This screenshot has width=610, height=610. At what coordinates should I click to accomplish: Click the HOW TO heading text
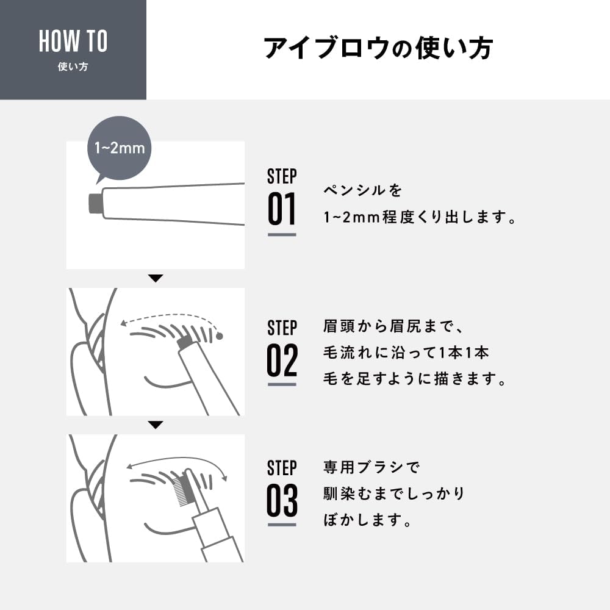click(x=73, y=41)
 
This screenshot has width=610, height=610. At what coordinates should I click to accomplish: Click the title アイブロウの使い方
click(x=378, y=49)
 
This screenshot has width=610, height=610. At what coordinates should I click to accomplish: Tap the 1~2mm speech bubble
click(x=120, y=148)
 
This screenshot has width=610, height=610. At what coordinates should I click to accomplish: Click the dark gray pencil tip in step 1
click(x=95, y=203)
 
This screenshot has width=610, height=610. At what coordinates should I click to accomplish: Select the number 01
click(x=282, y=209)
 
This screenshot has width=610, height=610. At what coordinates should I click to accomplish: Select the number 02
click(x=282, y=360)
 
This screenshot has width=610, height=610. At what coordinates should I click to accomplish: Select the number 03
click(x=282, y=501)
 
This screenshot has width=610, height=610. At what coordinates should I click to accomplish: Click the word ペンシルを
click(x=363, y=191)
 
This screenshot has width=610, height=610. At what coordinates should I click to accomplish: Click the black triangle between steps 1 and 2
click(x=156, y=278)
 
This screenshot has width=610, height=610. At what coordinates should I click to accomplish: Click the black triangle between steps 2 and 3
click(x=156, y=425)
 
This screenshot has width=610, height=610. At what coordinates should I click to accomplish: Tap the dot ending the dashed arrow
click(x=220, y=335)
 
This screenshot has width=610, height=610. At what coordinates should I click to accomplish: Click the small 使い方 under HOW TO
click(x=73, y=67)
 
